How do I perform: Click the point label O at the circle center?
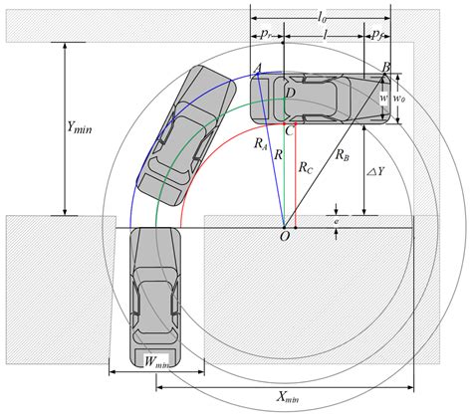click(x=285, y=236)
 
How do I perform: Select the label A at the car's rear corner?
click(x=258, y=67)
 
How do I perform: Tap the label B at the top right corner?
click(x=385, y=66)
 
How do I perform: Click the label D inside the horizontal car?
click(x=290, y=93)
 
